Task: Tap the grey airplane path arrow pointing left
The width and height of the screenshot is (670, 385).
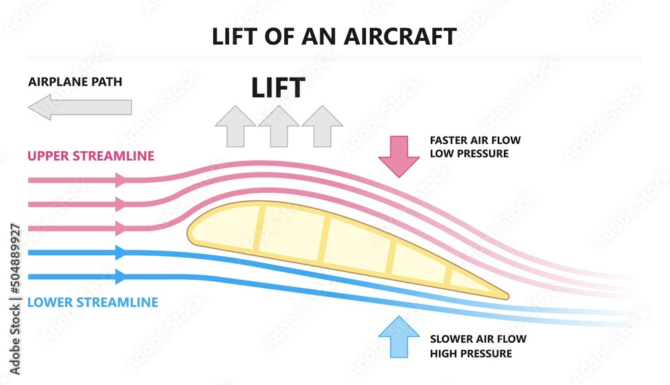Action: [x=80, y=107]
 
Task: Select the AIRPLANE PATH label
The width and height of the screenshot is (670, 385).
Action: [x=76, y=82]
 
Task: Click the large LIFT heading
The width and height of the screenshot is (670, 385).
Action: [x=278, y=88]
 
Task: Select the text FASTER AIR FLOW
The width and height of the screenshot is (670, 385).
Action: [x=475, y=140]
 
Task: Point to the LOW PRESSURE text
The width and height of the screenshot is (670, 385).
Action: [x=469, y=153]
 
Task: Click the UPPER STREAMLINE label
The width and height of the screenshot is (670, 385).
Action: [x=90, y=156]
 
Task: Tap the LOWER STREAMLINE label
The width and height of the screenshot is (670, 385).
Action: [x=92, y=302]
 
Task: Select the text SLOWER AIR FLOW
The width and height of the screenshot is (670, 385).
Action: [x=477, y=339]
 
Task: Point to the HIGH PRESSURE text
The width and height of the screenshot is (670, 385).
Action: [x=471, y=353]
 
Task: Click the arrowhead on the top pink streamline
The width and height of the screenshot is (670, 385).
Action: [x=121, y=179]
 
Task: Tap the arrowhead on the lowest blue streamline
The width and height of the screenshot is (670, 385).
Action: [x=121, y=276]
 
